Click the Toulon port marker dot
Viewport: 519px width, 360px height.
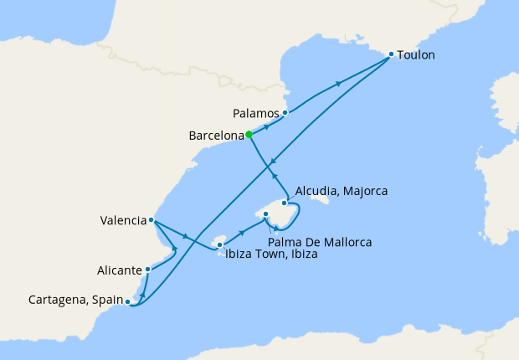(391, 55)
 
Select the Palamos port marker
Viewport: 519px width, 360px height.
(285, 112)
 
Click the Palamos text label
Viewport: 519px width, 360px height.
(254, 112)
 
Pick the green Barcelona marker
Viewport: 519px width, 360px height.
(249, 134)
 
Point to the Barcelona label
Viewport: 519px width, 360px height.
(215, 134)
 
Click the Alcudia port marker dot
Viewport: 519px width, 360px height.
(285, 203)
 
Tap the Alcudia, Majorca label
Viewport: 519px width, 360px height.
(342, 191)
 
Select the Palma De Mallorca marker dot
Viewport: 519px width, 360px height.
(265, 214)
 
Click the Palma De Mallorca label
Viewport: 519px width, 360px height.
(320, 242)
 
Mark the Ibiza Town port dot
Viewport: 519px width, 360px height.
(220, 245)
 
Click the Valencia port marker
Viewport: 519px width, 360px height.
(151, 220)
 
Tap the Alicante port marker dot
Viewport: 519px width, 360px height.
(148, 269)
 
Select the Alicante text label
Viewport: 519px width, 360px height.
(120, 270)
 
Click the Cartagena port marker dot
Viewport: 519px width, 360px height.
(127, 301)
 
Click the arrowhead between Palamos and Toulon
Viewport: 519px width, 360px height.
(339, 83)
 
